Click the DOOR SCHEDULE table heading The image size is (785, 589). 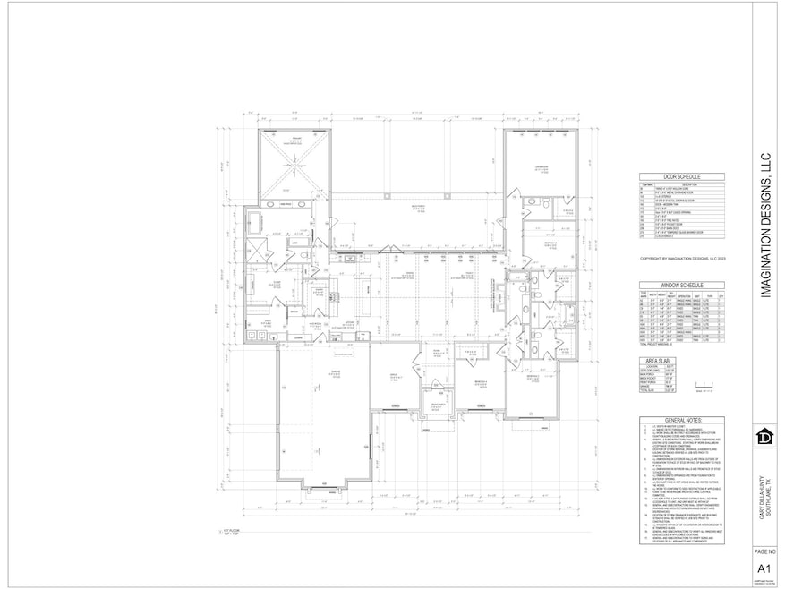click(682, 177)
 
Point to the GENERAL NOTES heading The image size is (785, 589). click(682, 419)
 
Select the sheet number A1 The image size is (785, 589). click(764, 569)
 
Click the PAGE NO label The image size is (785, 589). click(764, 553)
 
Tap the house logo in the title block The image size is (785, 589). click(764, 438)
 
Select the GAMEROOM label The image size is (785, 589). click(541, 167)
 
